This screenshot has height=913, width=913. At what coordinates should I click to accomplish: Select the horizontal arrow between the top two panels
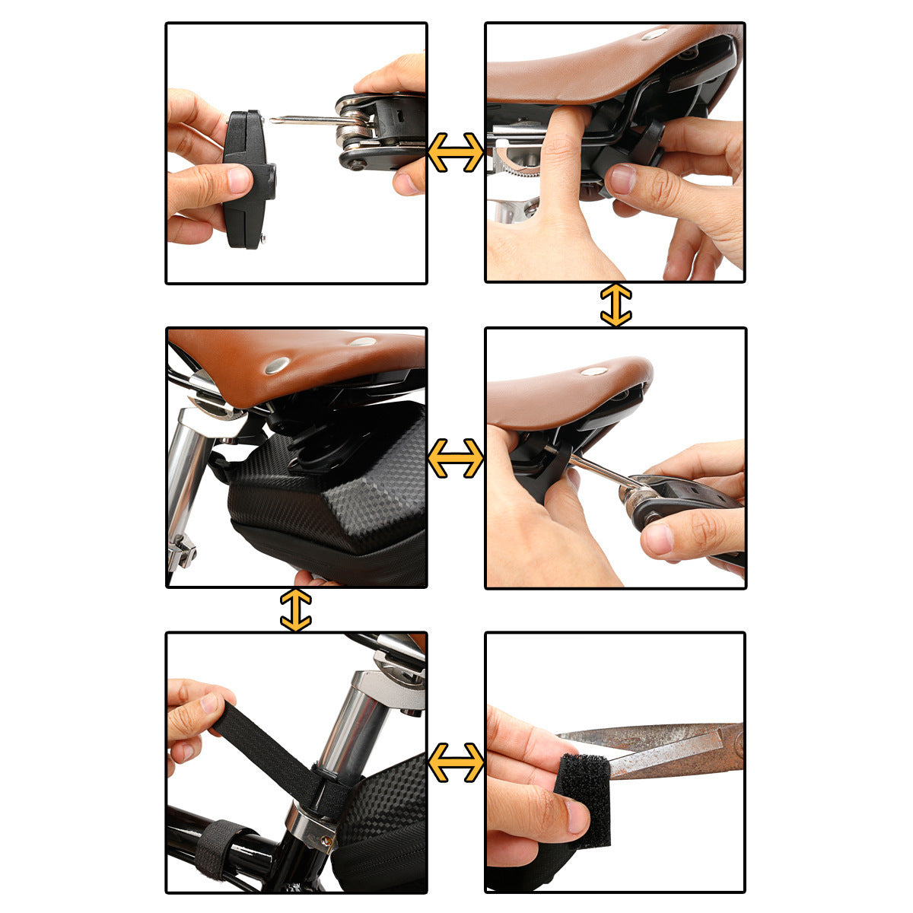[455, 152]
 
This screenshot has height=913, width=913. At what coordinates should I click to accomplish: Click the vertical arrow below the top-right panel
[616, 305]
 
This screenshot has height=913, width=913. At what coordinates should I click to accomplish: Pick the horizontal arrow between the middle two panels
[455, 458]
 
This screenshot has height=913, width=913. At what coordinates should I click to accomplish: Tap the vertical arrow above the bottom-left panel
[295, 609]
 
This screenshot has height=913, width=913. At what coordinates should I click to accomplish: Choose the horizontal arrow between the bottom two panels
[455, 762]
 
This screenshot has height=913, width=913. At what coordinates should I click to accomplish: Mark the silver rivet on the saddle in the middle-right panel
[593, 371]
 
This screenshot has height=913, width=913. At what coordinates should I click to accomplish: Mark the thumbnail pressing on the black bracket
[239, 180]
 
